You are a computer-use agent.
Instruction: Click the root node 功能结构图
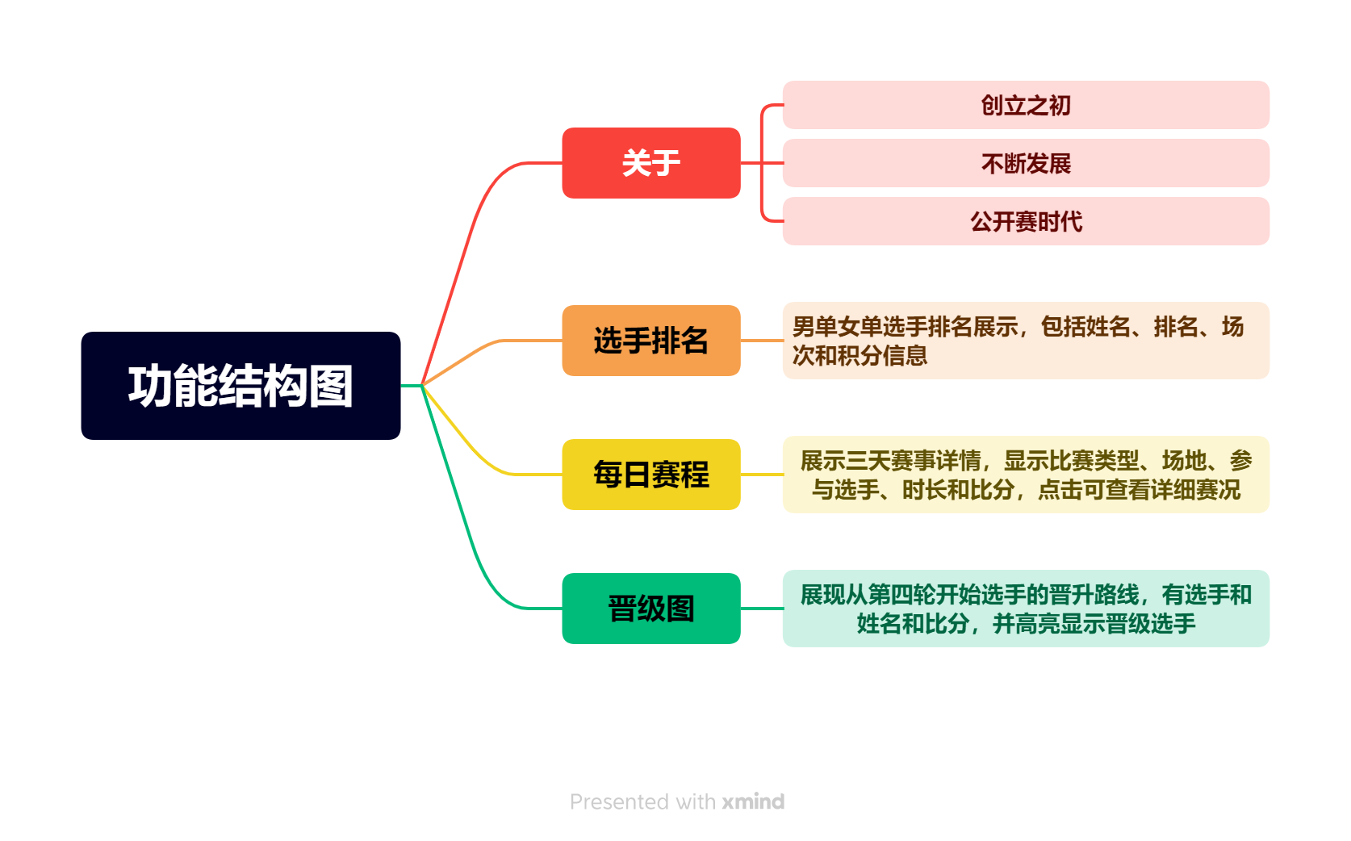pos(241,386)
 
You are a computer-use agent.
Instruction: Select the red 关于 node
pos(650,163)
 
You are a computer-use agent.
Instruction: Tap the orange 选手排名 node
pos(650,341)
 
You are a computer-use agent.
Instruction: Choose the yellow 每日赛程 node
pos(650,475)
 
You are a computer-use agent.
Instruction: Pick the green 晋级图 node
pos(650,609)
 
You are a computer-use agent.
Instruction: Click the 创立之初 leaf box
pos(1026,105)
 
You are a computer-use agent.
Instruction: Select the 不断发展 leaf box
pos(1026,163)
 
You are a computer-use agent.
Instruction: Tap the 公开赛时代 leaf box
pos(1026,221)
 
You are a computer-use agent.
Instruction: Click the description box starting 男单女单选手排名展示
pos(1026,341)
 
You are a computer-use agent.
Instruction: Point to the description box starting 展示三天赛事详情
pos(1026,475)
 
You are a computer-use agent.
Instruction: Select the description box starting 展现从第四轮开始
pos(1026,609)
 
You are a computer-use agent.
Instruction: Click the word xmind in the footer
pos(753,801)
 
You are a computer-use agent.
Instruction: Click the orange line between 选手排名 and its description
pos(761,341)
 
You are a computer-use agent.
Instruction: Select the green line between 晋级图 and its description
pos(761,609)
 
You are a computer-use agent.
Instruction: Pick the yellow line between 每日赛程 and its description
pos(761,475)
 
